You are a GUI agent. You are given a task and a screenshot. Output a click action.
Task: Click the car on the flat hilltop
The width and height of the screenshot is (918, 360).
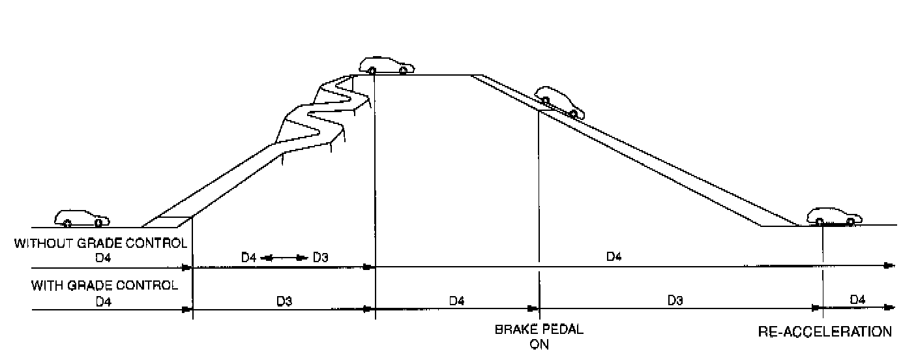tap(387, 65)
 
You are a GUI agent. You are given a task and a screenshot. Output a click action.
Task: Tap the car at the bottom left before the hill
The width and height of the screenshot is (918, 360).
tap(82, 218)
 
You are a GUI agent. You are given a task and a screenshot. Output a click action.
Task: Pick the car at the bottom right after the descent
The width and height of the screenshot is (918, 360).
tap(835, 217)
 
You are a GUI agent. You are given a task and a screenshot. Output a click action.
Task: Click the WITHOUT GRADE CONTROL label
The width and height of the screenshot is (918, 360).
tap(101, 244)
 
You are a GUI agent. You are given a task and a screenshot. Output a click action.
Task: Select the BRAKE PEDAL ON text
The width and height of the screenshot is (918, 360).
tap(539, 337)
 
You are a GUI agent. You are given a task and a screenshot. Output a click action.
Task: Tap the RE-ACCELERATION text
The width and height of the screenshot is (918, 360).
tap(825, 331)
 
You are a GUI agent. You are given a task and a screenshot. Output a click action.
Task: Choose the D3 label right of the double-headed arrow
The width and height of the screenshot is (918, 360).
tap(320, 258)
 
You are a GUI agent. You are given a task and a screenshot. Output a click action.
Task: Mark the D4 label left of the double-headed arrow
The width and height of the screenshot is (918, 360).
tap(248, 258)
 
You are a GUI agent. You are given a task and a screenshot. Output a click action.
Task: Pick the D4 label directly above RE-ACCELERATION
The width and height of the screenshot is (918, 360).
tap(857, 299)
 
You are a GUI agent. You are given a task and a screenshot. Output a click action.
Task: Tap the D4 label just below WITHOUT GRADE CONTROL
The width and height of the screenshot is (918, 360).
tap(102, 258)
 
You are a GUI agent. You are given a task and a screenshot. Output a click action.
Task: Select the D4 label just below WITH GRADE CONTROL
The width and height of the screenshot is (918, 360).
tap(102, 301)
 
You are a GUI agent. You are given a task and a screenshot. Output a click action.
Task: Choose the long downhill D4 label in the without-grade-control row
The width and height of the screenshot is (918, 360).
tap(614, 257)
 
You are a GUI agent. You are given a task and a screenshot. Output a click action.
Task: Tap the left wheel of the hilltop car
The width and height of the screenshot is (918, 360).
tap(371, 70)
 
